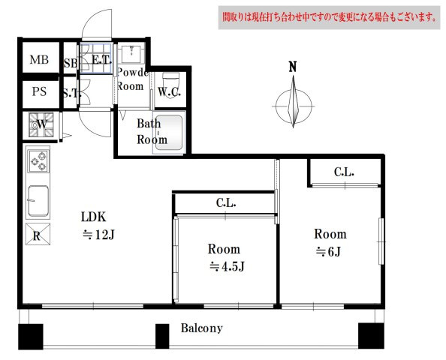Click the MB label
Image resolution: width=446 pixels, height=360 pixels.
coord(39,60)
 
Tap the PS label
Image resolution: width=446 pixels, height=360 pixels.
coord(39,91)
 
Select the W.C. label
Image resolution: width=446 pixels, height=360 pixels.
coord(169,91)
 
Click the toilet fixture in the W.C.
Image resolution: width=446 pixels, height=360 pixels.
coord(170,85)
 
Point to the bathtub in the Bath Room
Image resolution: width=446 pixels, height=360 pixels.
coord(169,133)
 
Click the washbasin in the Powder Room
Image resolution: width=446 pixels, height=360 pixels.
coord(131,53)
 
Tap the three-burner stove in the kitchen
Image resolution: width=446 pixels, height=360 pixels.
coord(38,161)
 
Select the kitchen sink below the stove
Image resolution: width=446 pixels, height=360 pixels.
coord(38,200)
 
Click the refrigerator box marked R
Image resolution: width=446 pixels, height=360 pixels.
coord(38,234)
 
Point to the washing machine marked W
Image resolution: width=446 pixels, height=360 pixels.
coord(41,124)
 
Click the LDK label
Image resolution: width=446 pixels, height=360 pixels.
coord(94,217)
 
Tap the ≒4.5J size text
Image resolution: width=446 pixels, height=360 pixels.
coord(227,266)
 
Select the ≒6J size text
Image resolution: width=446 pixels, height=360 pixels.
coord(328,251)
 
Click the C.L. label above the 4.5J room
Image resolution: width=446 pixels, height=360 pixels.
coord(226,202)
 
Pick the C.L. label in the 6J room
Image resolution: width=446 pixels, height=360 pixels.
coord(344,172)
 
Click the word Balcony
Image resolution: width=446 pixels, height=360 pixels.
coord(202,328)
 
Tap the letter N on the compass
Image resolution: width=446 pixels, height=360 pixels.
coord(293,67)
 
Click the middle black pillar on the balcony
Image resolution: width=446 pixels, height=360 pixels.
coord(162,336)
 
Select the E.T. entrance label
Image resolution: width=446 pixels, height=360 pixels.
coord(101,60)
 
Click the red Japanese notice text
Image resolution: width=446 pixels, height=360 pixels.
coord(329,17)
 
